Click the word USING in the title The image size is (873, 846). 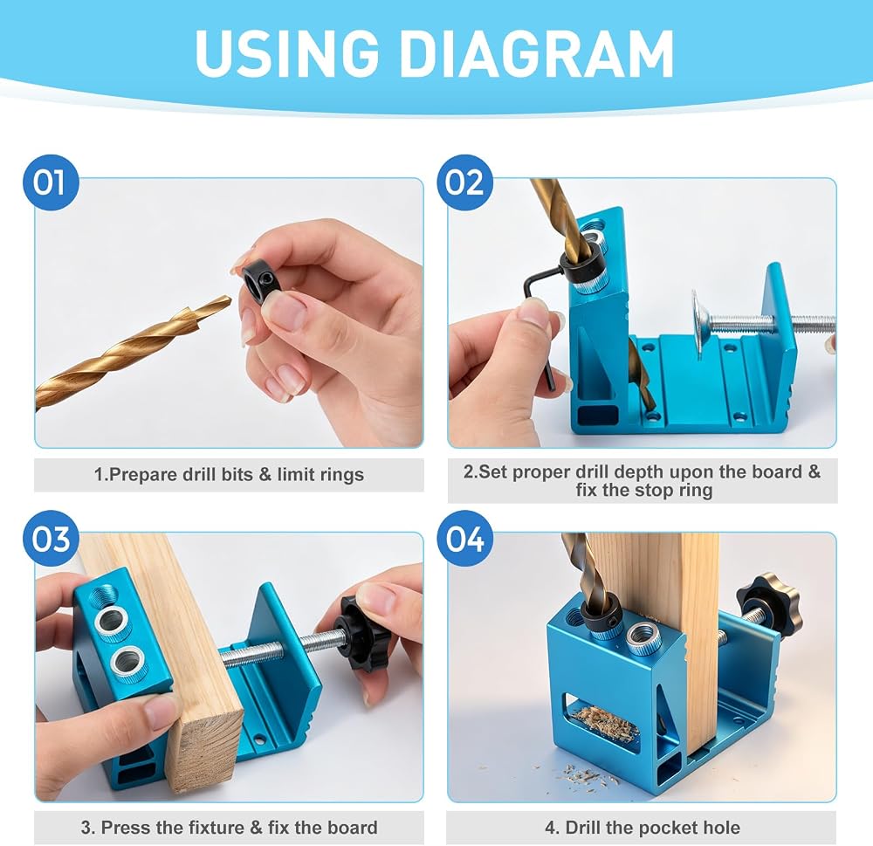pos(286,53)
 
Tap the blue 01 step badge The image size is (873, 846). pos(50,182)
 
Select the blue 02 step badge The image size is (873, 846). pos(464,182)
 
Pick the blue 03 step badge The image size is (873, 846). pos(50,538)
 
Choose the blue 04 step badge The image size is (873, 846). pos(464,538)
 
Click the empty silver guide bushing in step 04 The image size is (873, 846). pos(645,637)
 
